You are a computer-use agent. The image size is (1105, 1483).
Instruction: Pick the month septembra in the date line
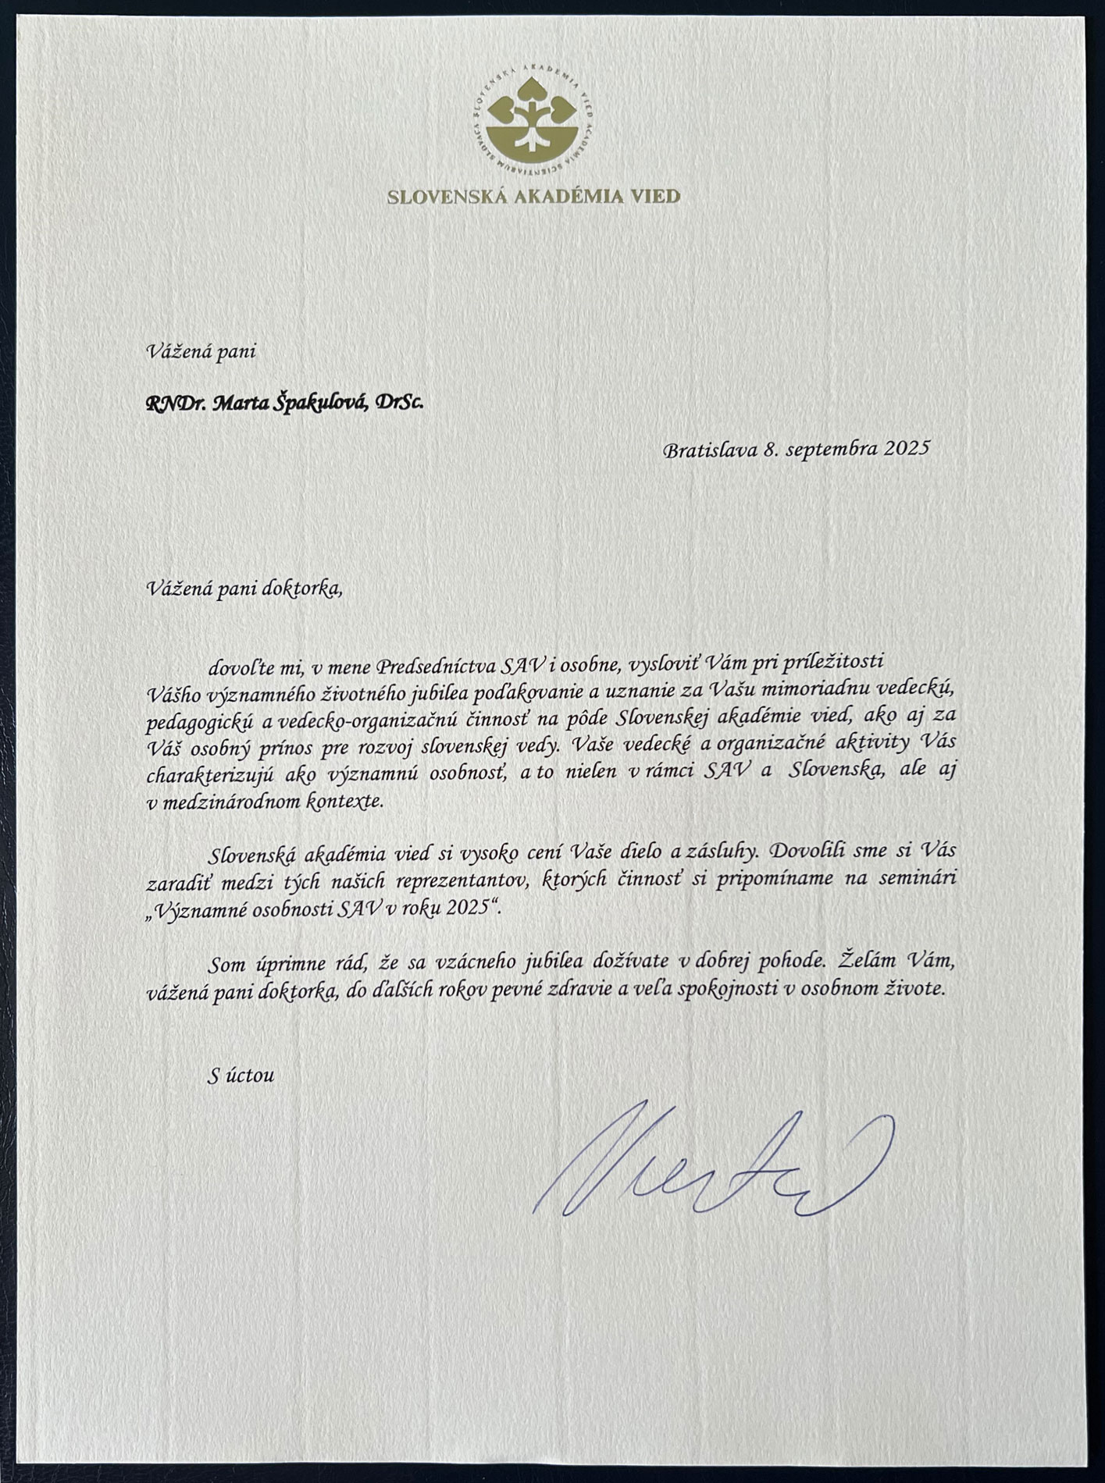point(831,450)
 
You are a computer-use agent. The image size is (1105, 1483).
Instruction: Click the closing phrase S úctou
point(241,1075)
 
